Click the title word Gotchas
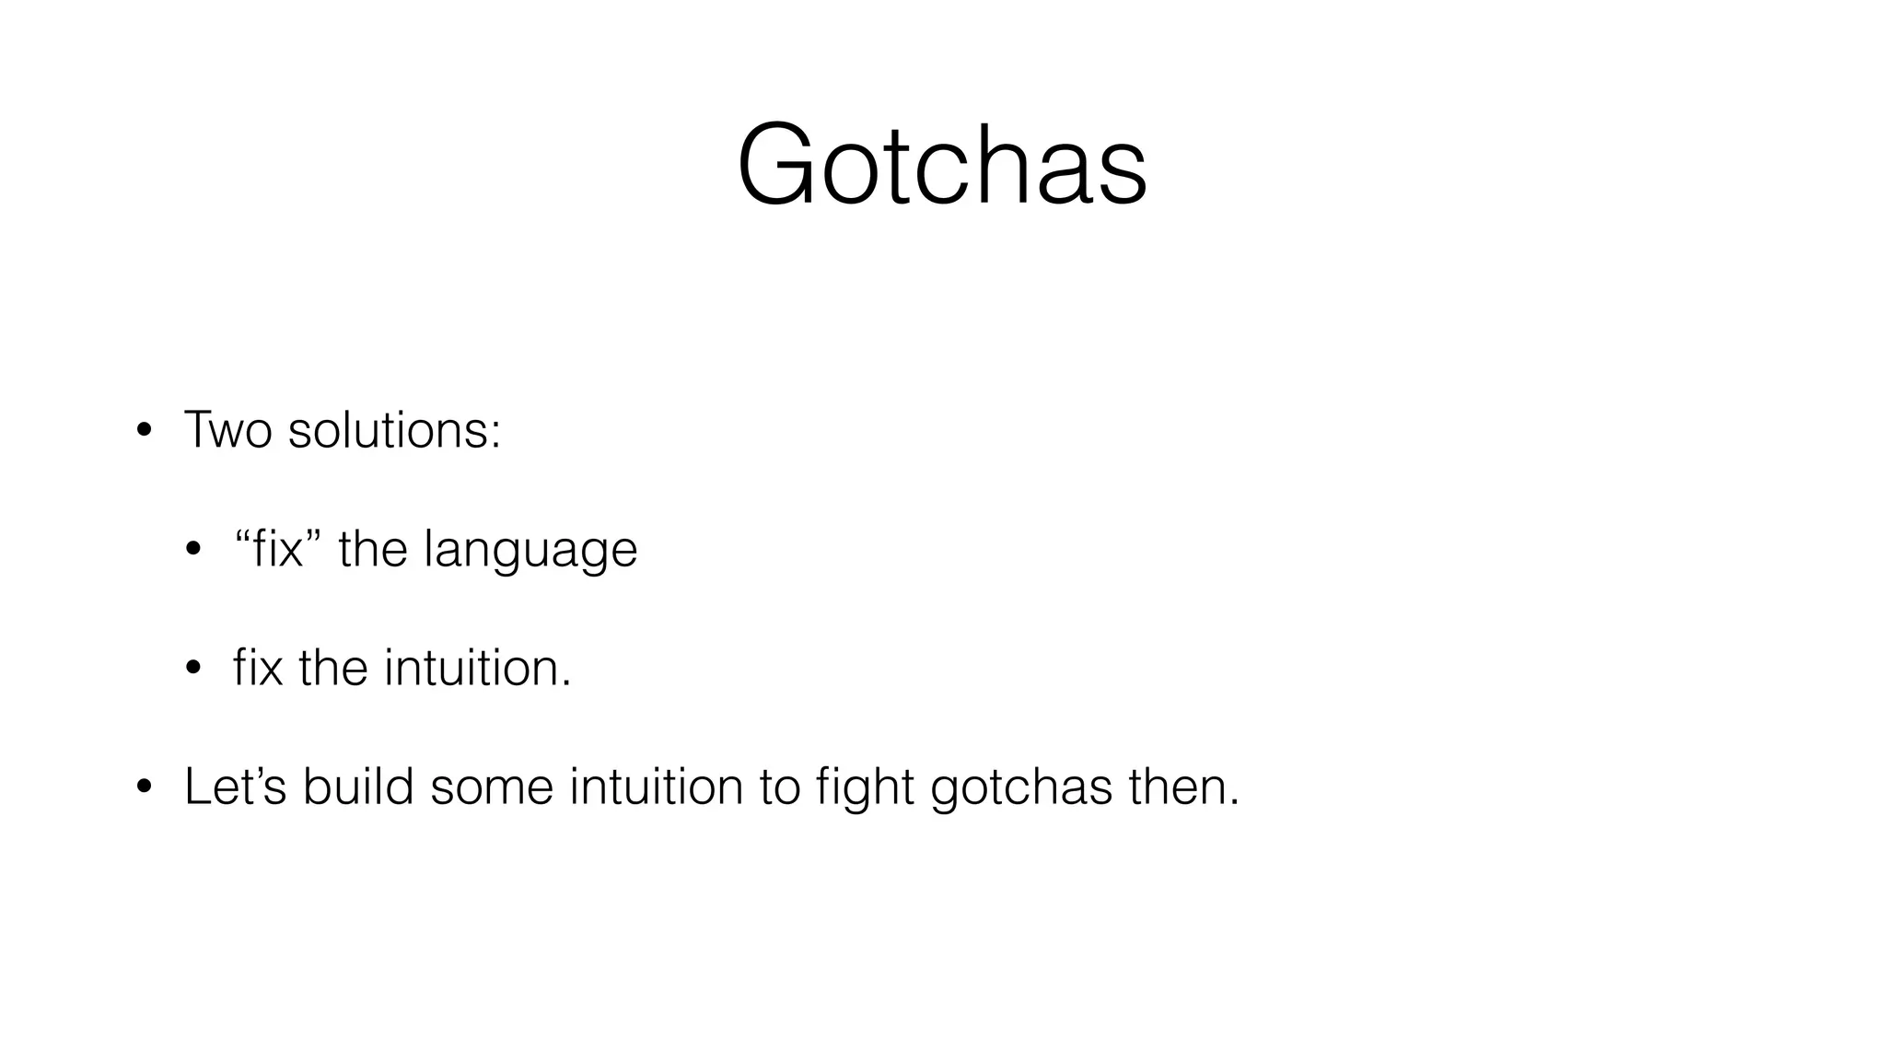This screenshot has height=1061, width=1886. click(x=942, y=165)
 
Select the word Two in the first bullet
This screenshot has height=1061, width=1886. click(x=227, y=429)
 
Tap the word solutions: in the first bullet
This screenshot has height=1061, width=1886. click(x=394, y=429)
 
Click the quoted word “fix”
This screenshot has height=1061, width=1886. click(x=276, y=549)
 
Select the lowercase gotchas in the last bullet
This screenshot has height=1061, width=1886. click(x=1021, y=788)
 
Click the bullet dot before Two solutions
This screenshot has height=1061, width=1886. click(x=144, y=431)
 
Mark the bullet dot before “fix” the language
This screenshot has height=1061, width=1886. click(x=192, y=550)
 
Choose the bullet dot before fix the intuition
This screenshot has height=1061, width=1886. click(x=192, y=669)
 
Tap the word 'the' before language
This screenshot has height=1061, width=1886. click(x=372, y=549)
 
